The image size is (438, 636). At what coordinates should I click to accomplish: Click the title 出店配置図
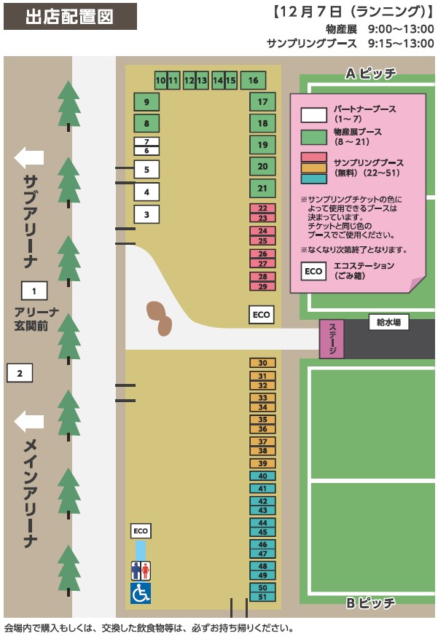tap(69, 16)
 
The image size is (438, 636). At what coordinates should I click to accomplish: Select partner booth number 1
tap(34, 291)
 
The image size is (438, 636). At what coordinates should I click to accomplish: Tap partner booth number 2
tap(20, 374)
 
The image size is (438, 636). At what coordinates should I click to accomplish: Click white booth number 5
tap(146, 170)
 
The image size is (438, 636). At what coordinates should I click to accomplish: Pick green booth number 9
tap(146, 102)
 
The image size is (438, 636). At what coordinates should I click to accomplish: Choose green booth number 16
tap(253, 79)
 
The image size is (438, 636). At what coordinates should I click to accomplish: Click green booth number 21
tap(262, 189)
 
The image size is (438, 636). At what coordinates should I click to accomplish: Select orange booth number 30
tap(262, 363)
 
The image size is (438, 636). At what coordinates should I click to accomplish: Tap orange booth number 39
tap(262, 463)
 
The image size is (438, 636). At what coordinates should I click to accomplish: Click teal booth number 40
tap(262, 476)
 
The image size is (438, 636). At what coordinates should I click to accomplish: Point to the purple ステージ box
tap(332, 339)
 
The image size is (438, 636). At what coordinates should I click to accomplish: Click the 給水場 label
tap(388, 321)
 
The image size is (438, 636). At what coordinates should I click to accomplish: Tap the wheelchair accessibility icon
tap(141, 594)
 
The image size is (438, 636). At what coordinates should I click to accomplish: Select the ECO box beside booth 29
tap(261, 315)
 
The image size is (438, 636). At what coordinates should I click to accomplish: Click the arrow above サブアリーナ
tap(29, 157)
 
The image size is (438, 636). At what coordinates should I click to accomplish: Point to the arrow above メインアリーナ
tap(29, 421)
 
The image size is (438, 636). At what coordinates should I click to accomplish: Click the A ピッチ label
tap(370, 73)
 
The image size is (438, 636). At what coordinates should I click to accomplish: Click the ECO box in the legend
tap(313, 271)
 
